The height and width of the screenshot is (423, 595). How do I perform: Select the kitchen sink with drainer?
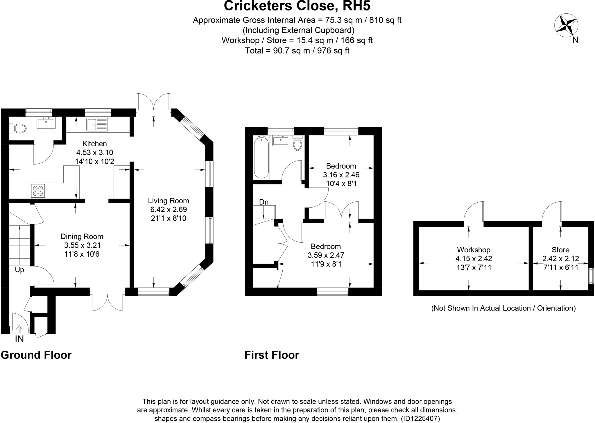click(x=97, y=124)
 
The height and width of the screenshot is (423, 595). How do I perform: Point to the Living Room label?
click(x=169, y=201)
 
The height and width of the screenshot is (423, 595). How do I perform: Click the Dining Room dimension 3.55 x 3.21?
click(x=83, y=245)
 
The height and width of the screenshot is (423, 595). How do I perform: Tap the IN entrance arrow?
click(x=19, y=329)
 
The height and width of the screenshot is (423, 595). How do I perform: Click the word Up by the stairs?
click(x=19, y=270)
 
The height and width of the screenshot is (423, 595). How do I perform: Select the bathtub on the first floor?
click(x=261, y=158)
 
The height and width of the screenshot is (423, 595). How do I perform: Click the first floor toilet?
click(x=297, y=143)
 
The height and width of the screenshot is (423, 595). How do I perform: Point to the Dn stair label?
click(x=264, y=202)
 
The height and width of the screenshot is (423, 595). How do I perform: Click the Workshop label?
click(x=474, y=250)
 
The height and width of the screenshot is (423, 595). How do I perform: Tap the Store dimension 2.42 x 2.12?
click(x=560, y=258)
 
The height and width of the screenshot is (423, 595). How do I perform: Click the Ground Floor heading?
click(x=36, y=355)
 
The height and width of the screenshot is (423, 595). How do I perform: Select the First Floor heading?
click(x=272, y=355)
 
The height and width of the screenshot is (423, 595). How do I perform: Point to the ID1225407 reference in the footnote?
click(x=420, y=419)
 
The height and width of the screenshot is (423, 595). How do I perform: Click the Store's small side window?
click(x=591, y=276)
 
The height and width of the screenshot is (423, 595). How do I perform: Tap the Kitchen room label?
click(x=95, y=144)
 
